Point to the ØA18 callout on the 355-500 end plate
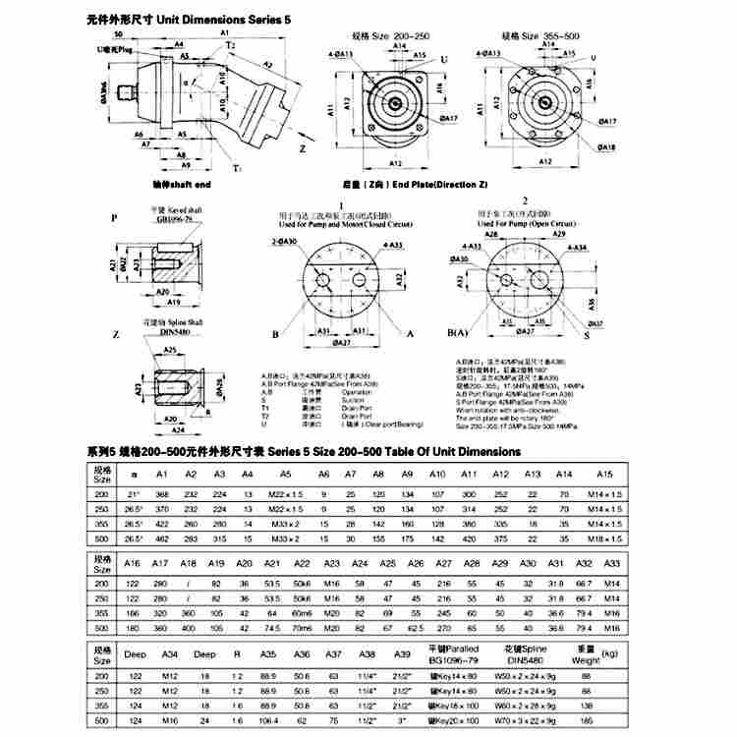click(x=607, y=147)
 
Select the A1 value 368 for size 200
click(x=162, y=493)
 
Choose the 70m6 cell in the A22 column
click(x=303, y=626)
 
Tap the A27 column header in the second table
click(x=443, y=563)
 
